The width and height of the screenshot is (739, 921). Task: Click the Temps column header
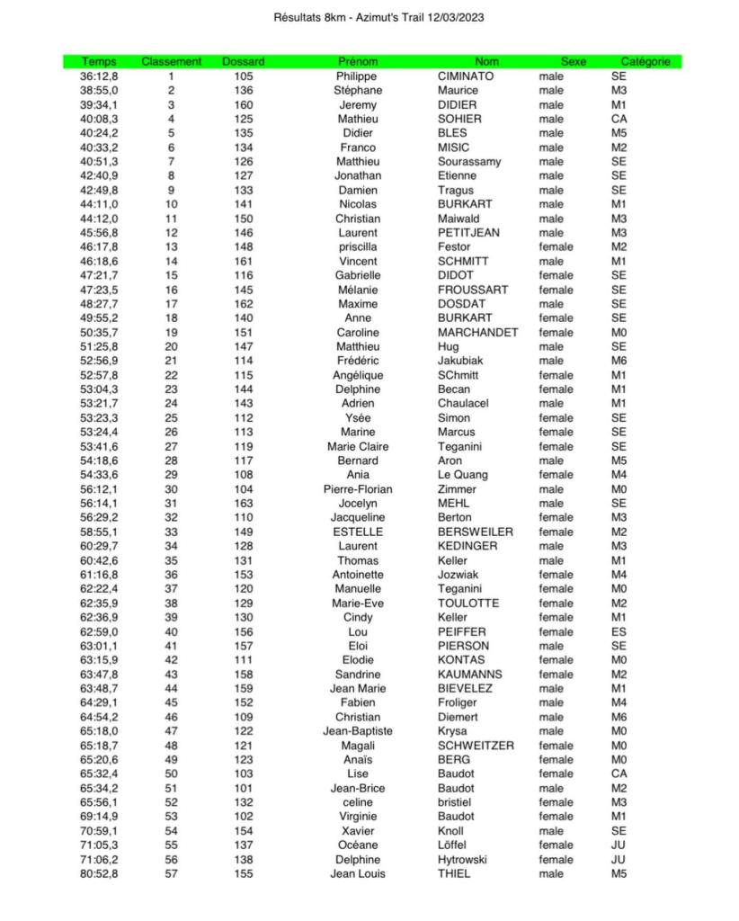99,62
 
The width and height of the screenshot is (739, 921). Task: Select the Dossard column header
243,62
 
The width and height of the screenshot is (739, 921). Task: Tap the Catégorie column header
646,62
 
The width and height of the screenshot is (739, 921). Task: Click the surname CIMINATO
466,76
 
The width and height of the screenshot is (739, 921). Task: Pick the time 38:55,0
99,91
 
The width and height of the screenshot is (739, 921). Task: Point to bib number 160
243,105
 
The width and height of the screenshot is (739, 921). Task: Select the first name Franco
358,148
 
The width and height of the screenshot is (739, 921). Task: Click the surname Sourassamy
469,162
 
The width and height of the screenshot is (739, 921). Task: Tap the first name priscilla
358,247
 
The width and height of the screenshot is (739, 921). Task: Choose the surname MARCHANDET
477,333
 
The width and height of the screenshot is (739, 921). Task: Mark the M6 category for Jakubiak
619,361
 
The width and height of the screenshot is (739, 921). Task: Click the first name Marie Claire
358,447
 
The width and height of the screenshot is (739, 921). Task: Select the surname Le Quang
463,475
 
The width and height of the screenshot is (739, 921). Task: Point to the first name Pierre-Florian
358,489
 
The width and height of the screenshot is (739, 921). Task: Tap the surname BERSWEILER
476,532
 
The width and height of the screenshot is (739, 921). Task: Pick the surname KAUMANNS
470,675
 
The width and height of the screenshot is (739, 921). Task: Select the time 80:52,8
99,873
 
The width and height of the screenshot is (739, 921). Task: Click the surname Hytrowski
462,859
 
